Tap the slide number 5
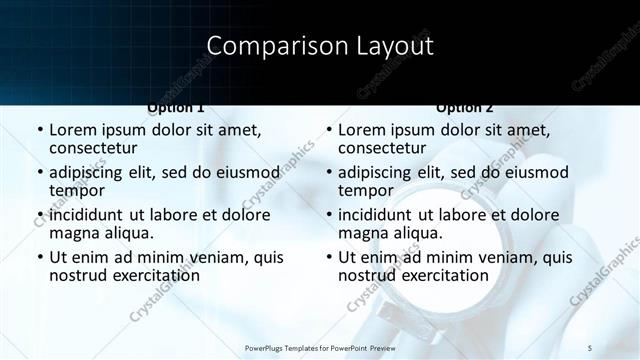589,347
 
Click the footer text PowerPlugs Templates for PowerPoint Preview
320,347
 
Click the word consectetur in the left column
96,148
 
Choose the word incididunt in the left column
85,215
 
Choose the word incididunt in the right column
374,215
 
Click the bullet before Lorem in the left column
39,131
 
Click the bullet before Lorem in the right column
328,131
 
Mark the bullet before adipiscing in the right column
328,173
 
